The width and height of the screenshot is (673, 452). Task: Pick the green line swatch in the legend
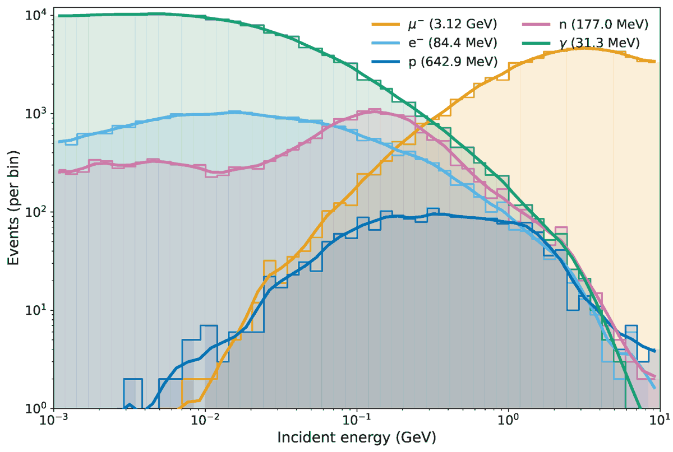(534, 43)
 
